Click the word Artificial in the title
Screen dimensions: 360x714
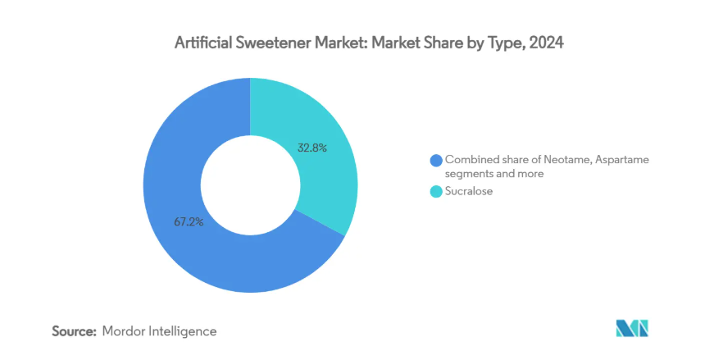(205, 44)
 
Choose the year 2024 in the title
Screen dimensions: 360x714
(547, 44)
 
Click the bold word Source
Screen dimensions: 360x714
(75, 331)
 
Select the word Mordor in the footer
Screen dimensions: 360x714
(123, 331)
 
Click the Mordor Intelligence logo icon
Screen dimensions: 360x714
(632, 329)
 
